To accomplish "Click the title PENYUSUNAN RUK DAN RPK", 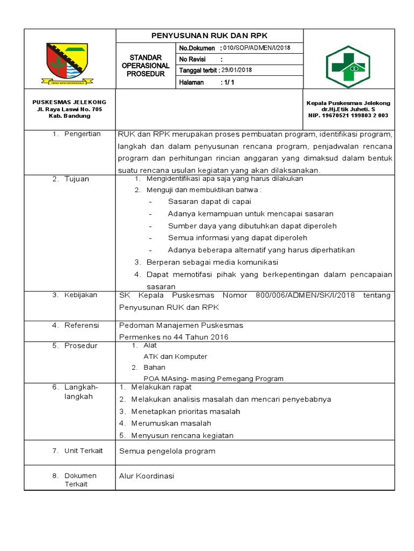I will pyautogui.click(x=210, y=36).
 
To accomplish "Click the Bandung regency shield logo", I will pyautogui.click(x=68, y=63).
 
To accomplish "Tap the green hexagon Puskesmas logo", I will pyautogui.click(x=348, y=66).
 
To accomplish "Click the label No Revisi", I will pyautogui.click(x=193, y=59).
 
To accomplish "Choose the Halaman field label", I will pyautogui.click(x=191, y=82).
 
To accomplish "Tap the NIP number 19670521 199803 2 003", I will pyautogui.click(x=349, y=116).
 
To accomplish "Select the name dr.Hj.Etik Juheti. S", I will pyautogui.click(x=348, y=109).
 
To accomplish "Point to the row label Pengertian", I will pyautogui.click(x=82, y=134).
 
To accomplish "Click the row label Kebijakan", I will pyautogui.click(x=81, y=295).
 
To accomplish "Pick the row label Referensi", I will pyautogui.click(x=81, y=326).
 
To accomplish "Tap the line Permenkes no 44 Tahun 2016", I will pyautogui.click(x=174, y=337).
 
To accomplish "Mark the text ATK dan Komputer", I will pyautogui.click(x=175, y=356).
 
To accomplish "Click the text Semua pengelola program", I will pyautogui.click(x=167, y=451).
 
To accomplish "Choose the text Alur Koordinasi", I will pyautogui.click(x=147, y=476).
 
